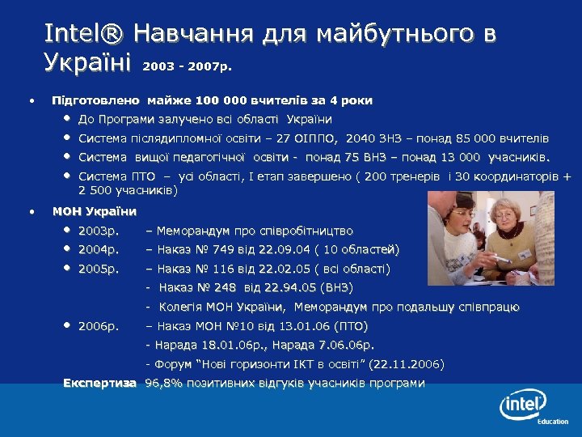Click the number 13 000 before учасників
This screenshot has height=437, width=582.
point(457,157)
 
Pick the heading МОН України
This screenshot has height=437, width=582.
point(95,212)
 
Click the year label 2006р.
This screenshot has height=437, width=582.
point(99,326)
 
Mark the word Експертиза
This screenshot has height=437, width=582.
point(99,383)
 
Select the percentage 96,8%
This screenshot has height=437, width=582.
point(163,383)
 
